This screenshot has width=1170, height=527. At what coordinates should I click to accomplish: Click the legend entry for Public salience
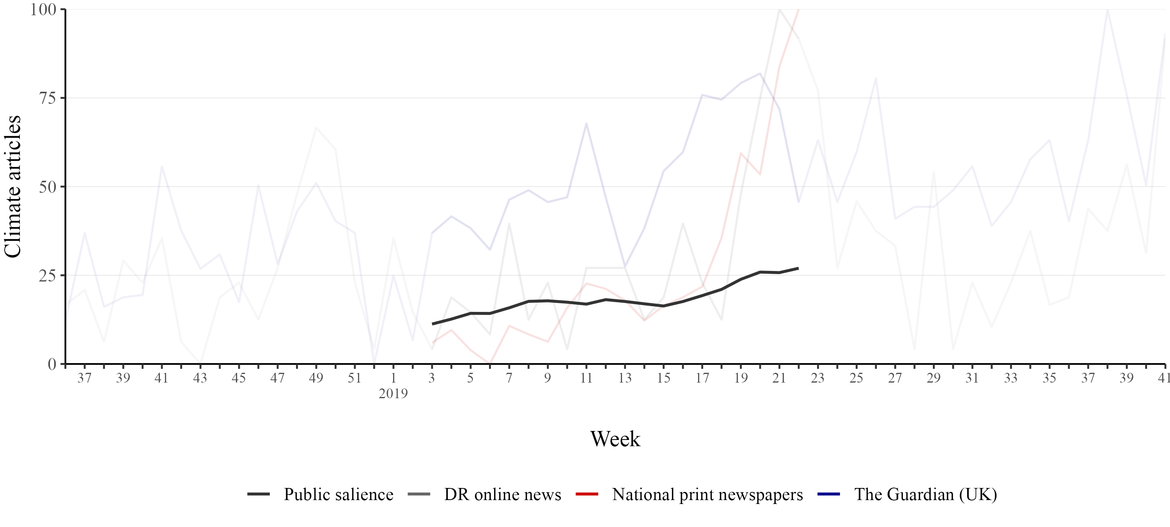pyautogui.click(x=339, y=494)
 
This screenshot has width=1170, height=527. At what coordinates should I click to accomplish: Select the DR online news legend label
pyautogui.click(x=502, y=494)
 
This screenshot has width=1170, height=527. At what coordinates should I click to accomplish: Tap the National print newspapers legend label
pyautogui.click(x=707, y=494)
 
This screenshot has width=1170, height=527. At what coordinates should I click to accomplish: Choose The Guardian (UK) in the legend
pyautogui.click(x=925, y=494)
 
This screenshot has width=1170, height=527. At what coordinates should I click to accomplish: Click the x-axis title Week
pyautogui.click(x=615, y=439)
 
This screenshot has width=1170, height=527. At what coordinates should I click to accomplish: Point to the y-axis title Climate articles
pyautogui.click(x=13, y=187)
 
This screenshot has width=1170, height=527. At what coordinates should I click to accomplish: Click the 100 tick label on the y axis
pyautogui.click(x=43, y=9)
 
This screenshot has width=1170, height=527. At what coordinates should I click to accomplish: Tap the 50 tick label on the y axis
pyautogui.click(x=48, y=187)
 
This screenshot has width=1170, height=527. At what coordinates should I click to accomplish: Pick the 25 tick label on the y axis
pyautogui.click(x=48, y=276)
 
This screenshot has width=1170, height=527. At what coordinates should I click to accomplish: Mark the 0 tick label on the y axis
pyautogui.click(x=52, y=364)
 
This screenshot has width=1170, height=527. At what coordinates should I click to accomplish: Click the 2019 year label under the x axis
pyautogui.click(x=394, y=393)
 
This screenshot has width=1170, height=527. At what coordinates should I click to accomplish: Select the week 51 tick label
pyautogui.click(x=354, y=378)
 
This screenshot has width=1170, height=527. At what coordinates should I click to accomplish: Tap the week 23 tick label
pyautogui.click(x=817, y=378)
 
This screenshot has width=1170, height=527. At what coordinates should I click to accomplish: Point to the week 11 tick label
pyautogui.click(x=586, y=378)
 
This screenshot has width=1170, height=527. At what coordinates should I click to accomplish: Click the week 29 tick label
pyautogui.click(x=933, y=378)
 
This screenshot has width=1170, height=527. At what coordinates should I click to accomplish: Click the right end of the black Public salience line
pyautogui.click(x=798, y=268)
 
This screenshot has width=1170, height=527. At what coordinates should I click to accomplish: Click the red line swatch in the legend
pyautogui.click(x=587, y=494)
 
